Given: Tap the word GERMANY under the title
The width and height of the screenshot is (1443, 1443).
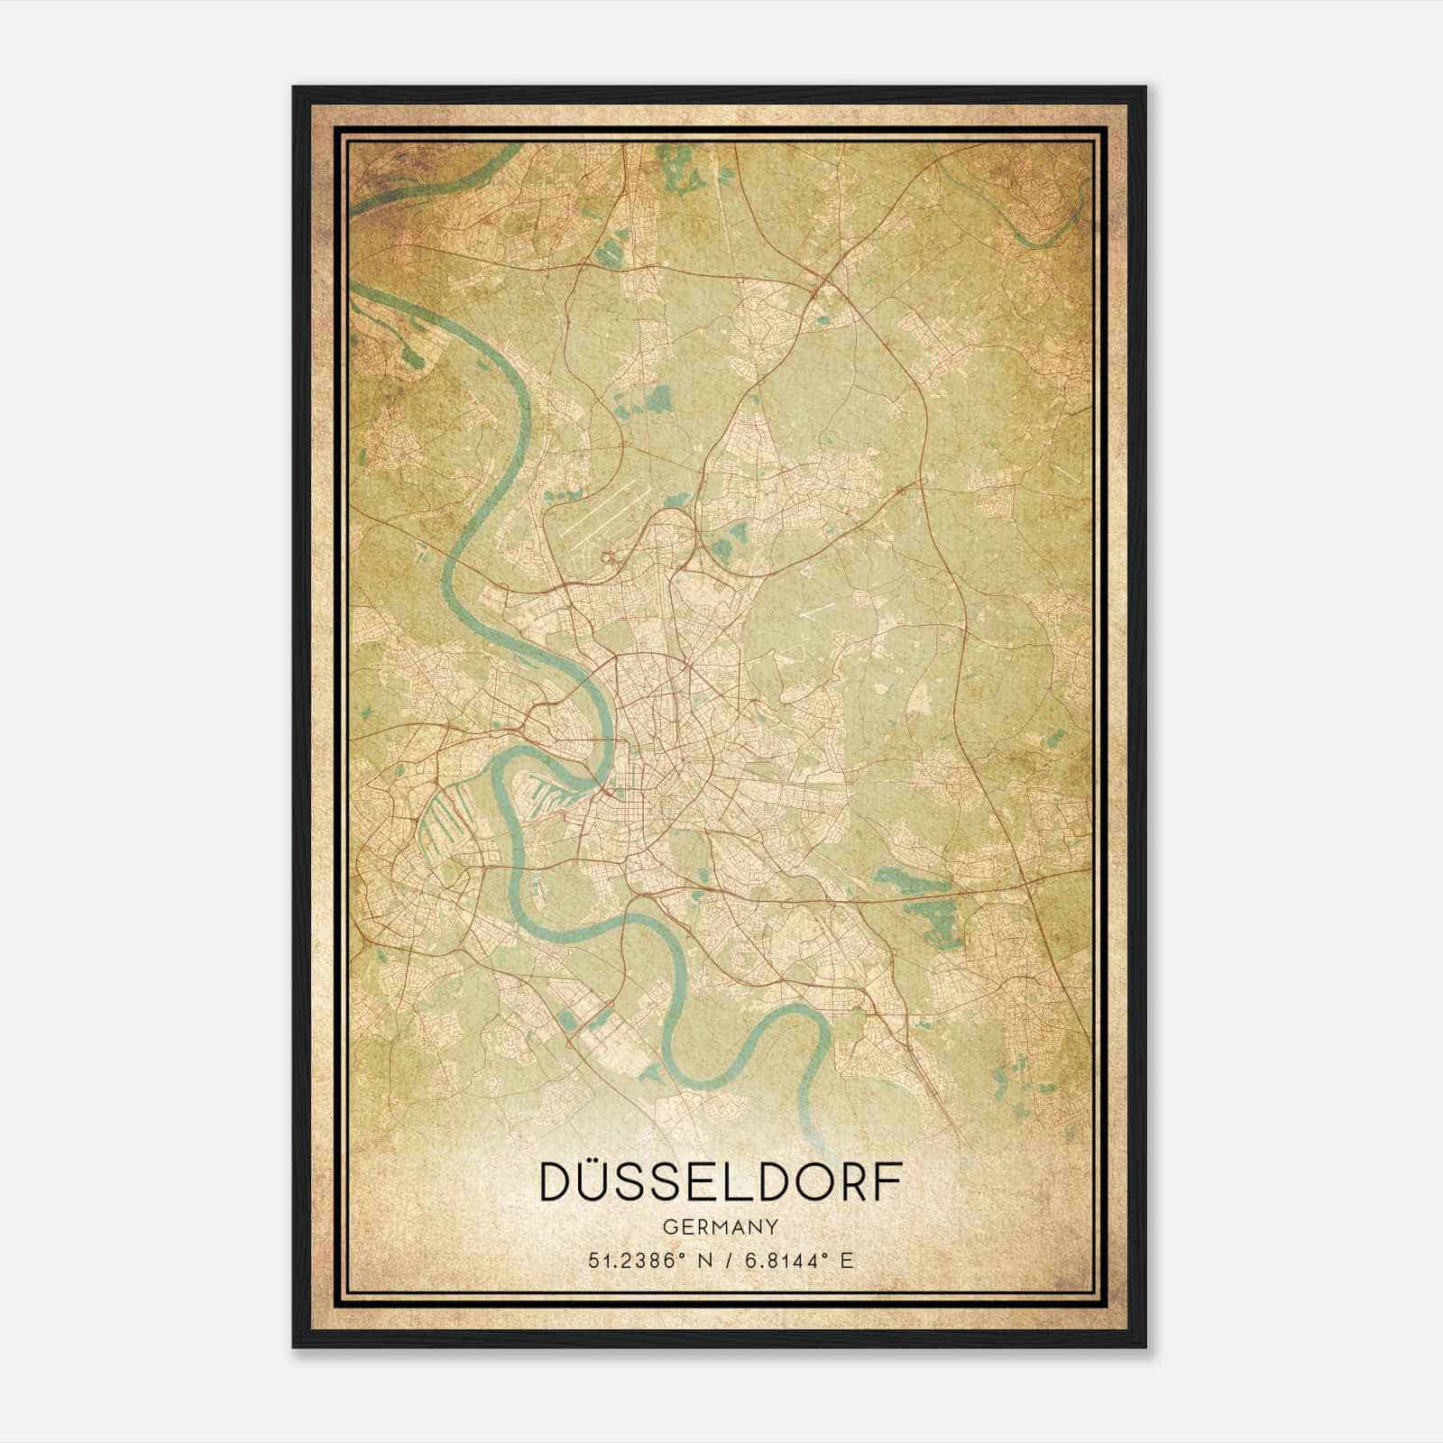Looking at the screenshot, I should pos(720,1227).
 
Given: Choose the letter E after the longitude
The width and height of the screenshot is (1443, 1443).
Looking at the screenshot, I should pos(846,1260).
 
